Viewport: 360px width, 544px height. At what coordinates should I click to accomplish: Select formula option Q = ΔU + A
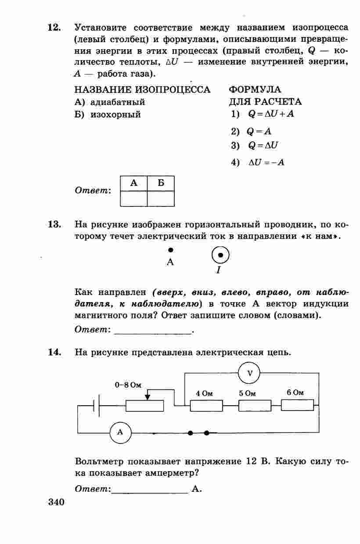(271, 115)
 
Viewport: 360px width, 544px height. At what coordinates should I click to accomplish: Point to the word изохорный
(115, 115)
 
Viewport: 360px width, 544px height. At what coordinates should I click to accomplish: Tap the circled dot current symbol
(221, 255)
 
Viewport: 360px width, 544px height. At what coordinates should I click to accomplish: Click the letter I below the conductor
(218, 270)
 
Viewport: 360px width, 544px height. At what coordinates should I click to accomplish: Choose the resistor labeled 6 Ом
(297, 405)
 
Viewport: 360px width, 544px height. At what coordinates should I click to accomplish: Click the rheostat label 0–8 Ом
(128, 385)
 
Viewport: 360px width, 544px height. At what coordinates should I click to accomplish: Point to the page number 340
(56, 501)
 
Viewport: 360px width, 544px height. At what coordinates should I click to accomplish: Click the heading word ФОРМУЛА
(255, 90)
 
